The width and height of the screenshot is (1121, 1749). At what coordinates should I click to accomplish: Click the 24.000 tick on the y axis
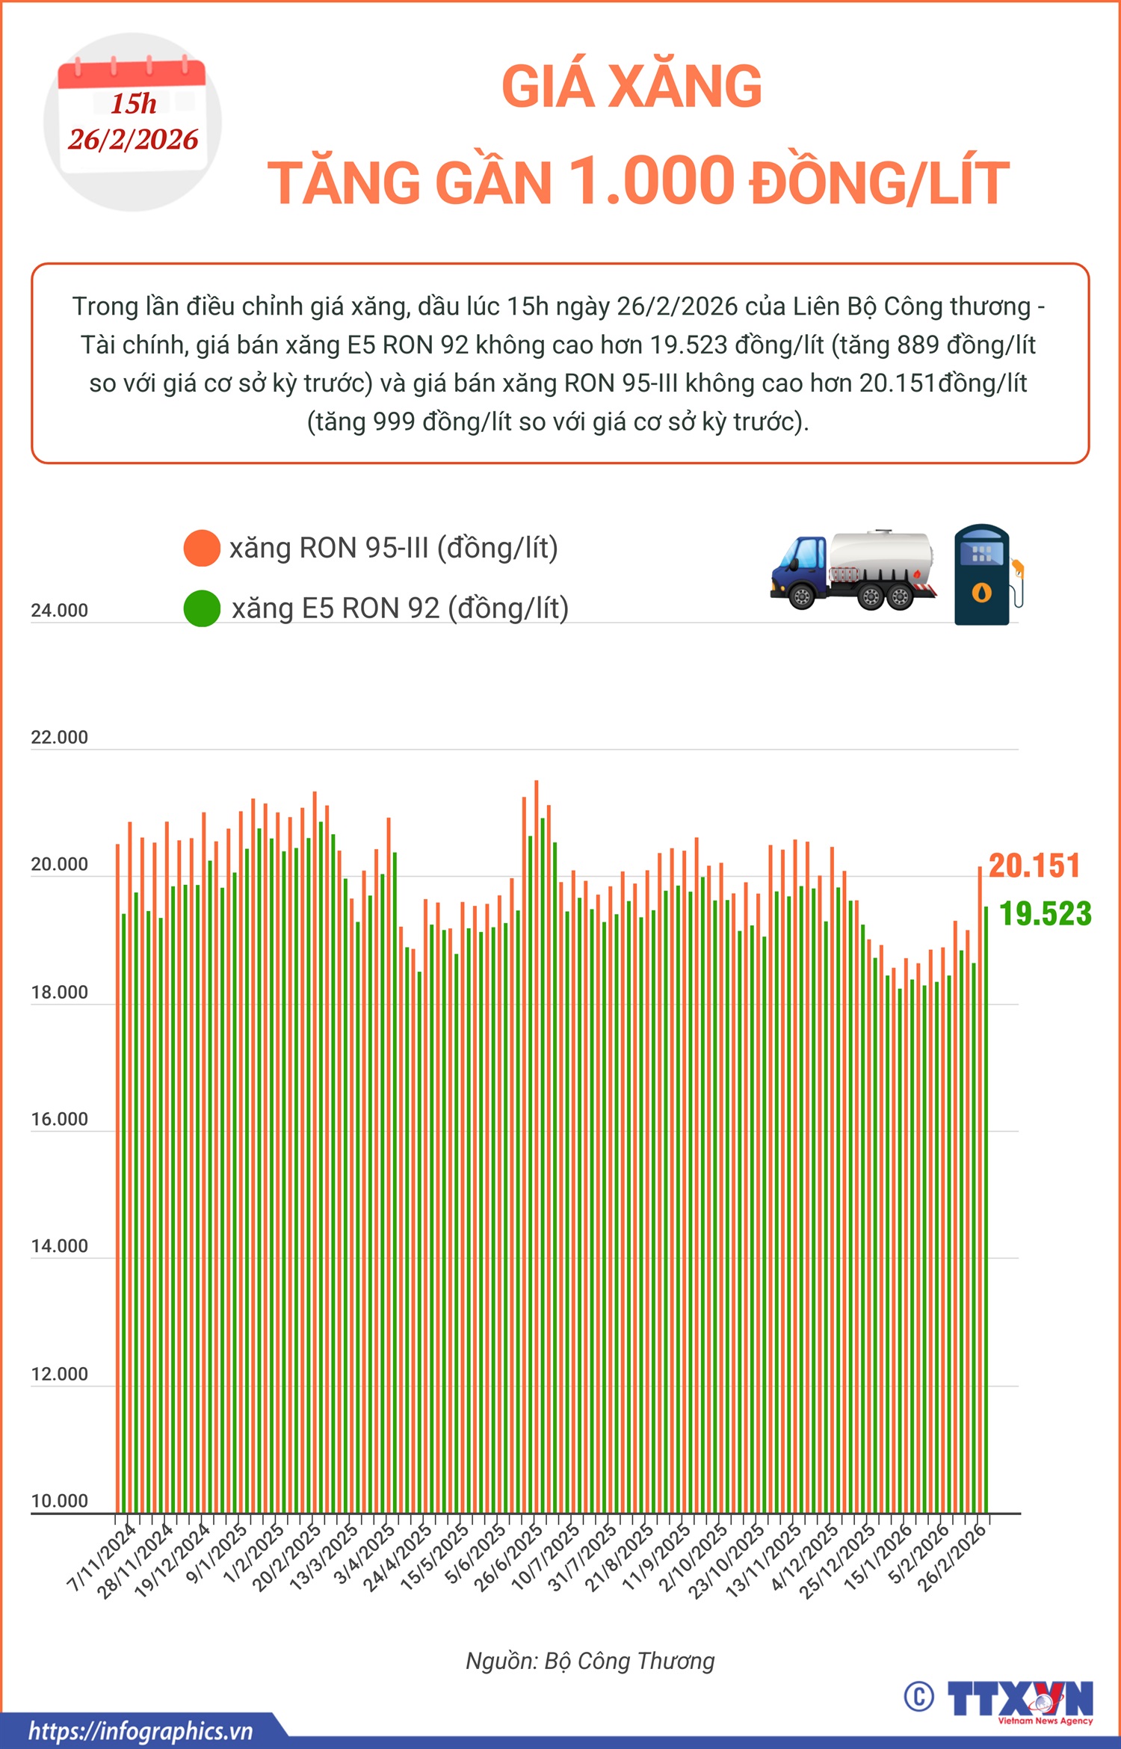59,611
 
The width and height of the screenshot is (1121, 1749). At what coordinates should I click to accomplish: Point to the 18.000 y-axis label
59,993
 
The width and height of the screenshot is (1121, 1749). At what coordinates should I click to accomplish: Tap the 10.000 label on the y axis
59,1501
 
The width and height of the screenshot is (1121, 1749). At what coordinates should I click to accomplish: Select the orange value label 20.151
1034,866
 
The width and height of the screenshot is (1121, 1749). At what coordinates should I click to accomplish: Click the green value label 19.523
1045,913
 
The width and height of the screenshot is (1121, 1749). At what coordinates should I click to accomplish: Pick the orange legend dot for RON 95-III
202,548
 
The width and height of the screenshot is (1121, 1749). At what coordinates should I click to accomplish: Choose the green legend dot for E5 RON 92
202,608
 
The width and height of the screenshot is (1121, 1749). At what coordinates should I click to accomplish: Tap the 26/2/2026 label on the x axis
952,1558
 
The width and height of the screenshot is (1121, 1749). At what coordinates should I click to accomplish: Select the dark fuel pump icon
983,574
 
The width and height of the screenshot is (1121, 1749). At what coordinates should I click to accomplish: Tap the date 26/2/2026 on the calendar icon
133,140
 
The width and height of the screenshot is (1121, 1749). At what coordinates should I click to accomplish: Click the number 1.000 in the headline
652,181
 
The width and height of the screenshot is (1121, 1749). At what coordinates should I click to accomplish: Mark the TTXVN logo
1019,1700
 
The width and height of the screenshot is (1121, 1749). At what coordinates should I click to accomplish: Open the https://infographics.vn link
140,1731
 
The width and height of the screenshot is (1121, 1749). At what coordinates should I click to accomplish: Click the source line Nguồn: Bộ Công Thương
590,1661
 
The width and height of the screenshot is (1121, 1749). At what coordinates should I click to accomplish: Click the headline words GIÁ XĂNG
631,87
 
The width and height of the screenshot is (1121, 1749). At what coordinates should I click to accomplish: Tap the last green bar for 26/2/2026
986,1196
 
